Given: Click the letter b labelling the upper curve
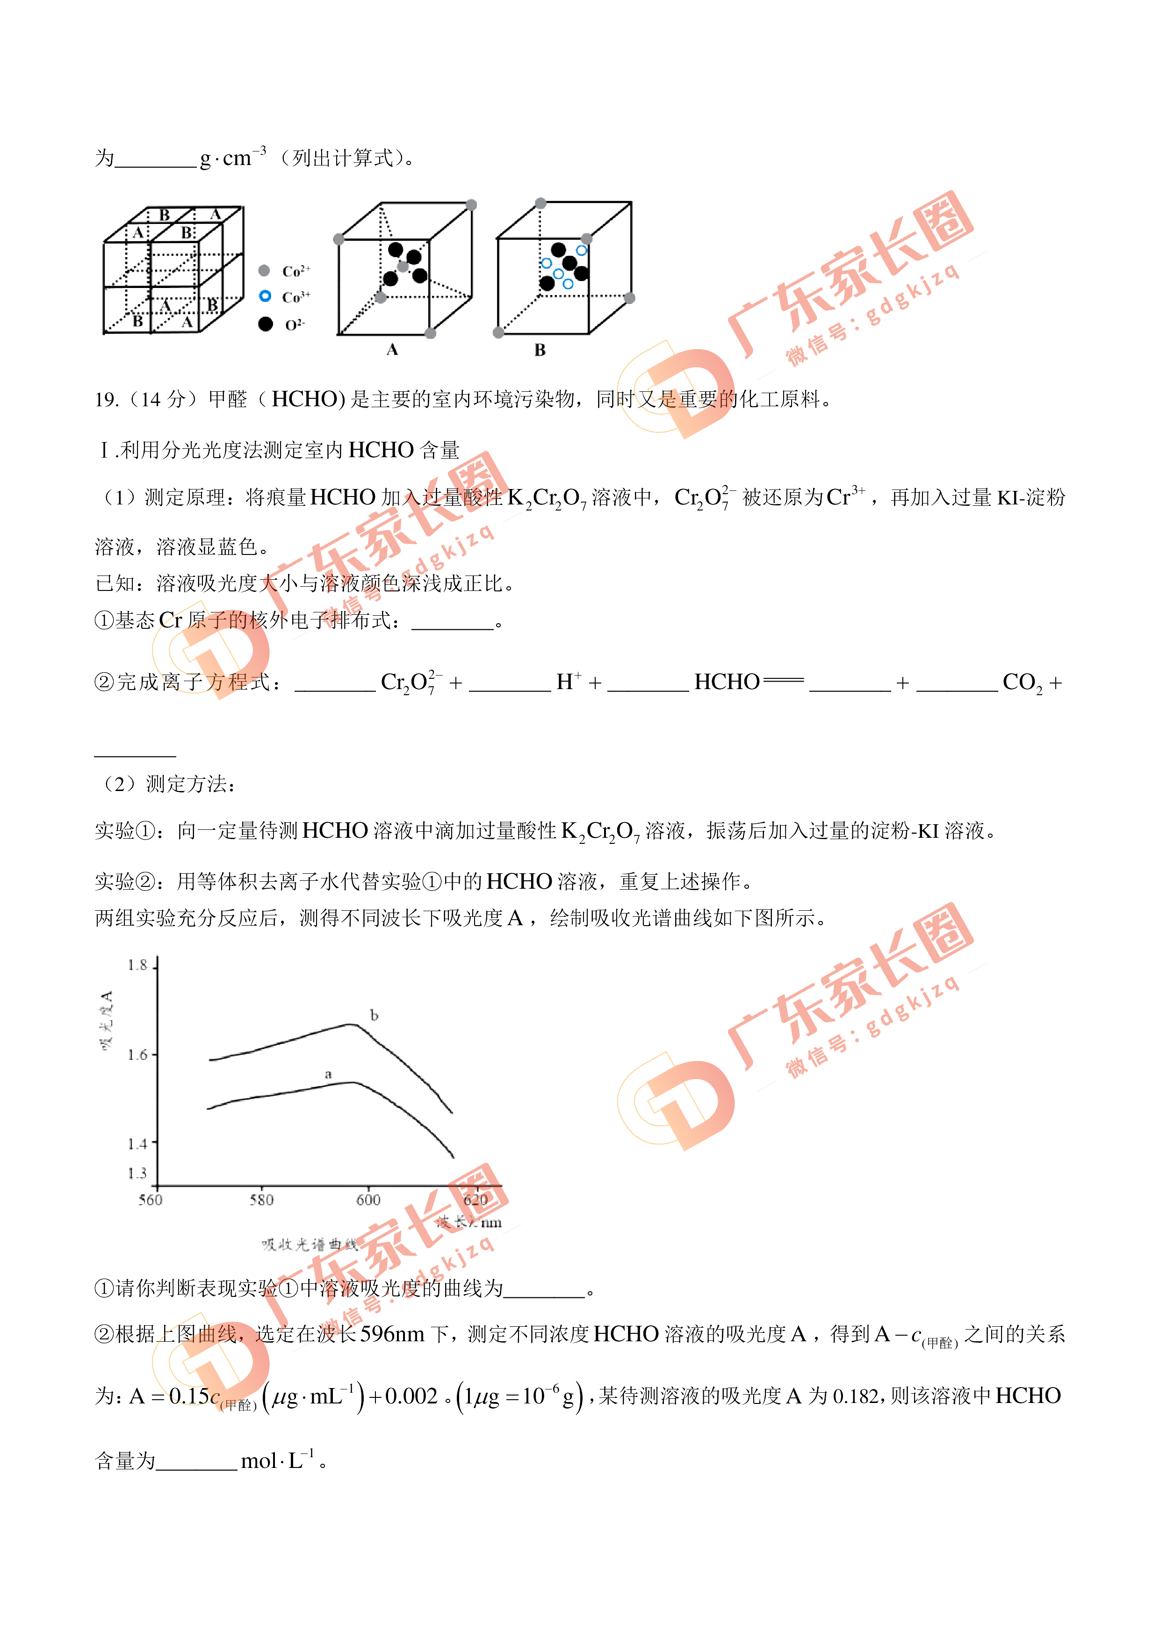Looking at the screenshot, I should (x=374, y=1015).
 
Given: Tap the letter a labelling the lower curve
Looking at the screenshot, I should (x=328, y=1074).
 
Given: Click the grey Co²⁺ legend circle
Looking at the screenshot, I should (x=264, y=271).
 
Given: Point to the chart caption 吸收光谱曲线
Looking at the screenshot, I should (x=309, y=1245).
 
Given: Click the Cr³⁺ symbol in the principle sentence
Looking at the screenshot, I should (x=845, y=496).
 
